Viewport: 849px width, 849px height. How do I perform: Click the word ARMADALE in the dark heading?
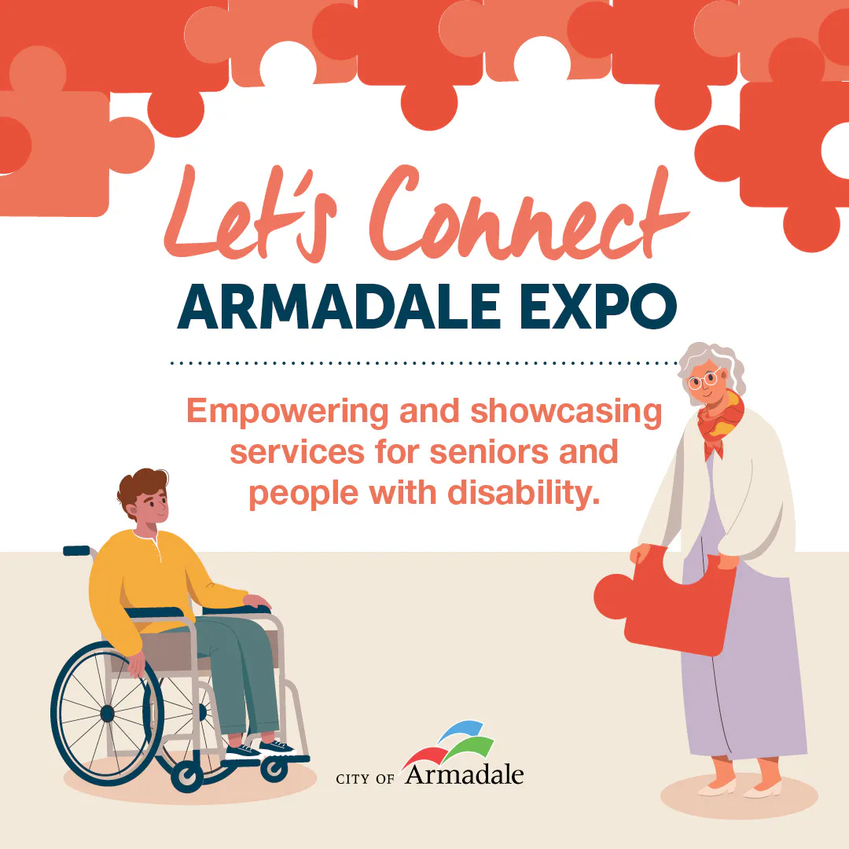(x=338, y=307)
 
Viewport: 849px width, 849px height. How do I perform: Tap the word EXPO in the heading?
(x=598, y=307)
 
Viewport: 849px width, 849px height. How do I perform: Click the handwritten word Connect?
(x=528, y=213)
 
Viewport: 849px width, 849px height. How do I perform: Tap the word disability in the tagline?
(x=524, y=494)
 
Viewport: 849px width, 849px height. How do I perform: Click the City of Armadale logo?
(x=430, y=754)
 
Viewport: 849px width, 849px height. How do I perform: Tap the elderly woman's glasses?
(x=704, y=379)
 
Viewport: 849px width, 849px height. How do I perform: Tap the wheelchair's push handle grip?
(x=76, y=550)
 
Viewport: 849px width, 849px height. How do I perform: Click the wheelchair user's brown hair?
(x=141, y=487)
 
